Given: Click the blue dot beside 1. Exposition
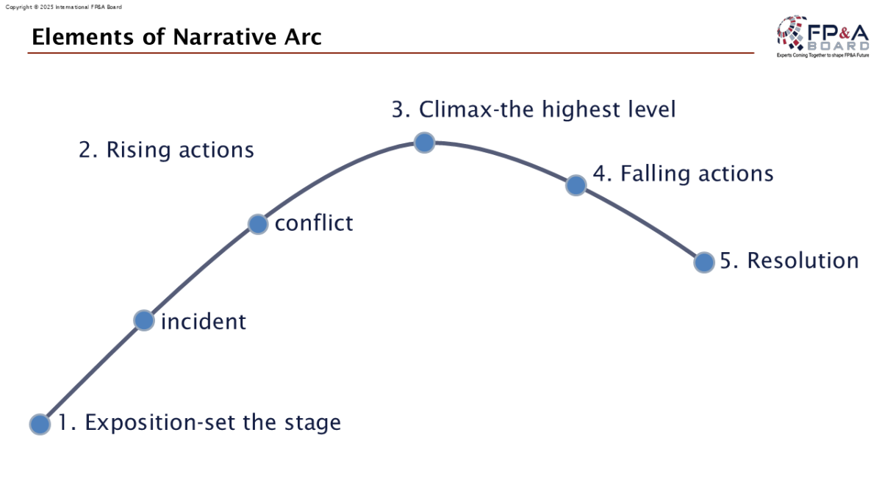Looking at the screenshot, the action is point(40,425).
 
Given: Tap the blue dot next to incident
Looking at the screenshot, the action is point(144,320).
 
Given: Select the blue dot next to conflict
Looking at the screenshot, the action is point(258,224).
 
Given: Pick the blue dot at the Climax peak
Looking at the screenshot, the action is point(425,143).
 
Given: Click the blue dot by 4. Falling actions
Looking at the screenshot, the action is point(576,185).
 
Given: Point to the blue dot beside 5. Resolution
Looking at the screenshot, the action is point(704,262).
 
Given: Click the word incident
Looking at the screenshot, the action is point(204,322).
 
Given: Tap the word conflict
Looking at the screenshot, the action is point(314,223).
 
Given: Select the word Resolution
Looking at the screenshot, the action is point(803,261).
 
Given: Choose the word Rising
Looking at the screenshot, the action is point(138,150).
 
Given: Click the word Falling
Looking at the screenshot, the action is point(655,174).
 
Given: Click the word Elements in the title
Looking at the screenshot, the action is point(82,37).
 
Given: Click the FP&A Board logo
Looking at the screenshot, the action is point(823,36).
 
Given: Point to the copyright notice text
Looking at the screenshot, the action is point(64,7).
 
